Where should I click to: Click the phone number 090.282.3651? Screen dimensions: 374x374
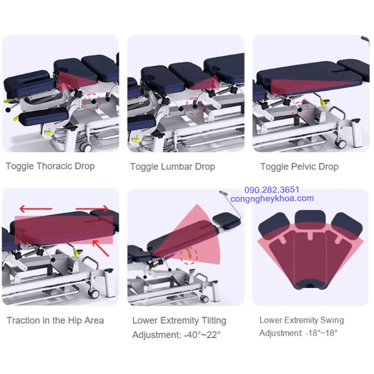[x=272, y=190]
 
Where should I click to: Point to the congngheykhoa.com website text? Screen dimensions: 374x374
[x=272, y=199]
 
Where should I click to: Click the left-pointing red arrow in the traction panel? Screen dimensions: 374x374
[x=36, y=209]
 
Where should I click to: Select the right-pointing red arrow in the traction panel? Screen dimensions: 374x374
[x=92, y=209]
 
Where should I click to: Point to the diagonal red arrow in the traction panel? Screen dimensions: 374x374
[x=101, y=248]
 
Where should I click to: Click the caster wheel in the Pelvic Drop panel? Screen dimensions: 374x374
[x=341, y=143]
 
